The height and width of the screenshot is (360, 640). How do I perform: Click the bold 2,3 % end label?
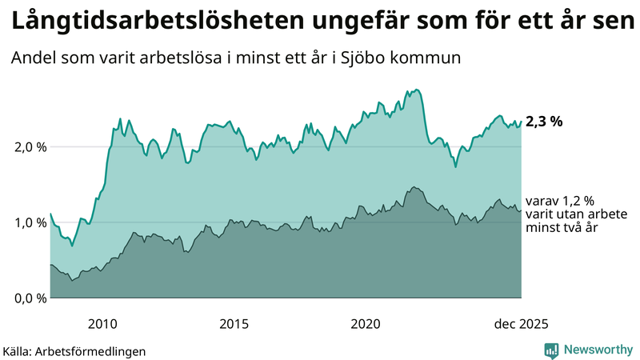544,122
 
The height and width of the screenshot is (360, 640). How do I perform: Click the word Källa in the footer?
18,351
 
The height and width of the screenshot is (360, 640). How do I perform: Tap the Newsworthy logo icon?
552,350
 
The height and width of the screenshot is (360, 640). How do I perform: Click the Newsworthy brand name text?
598,350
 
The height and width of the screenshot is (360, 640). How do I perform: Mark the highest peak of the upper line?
418,90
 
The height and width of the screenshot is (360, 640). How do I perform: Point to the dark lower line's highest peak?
413,187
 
